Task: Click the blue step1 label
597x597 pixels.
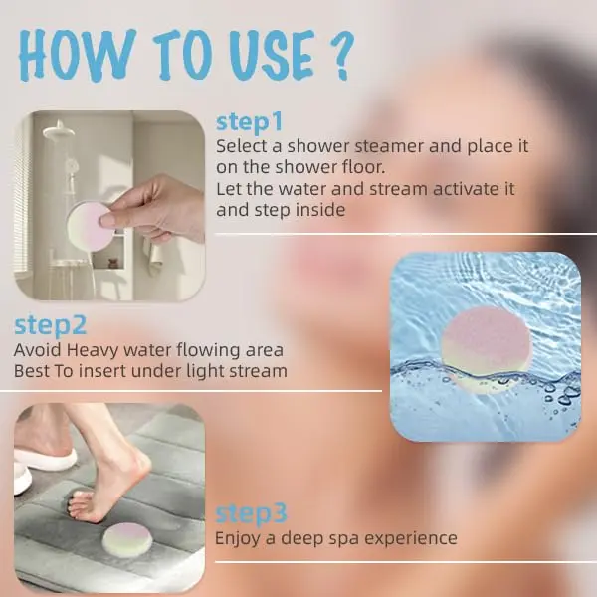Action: pyautogui.click(x=250, y=122)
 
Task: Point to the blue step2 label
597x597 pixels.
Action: pyautogui.click(x=51, y=325)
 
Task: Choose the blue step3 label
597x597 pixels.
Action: pyautogui.click(x=252, y=513)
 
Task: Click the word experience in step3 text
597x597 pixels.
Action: pyautogui.click(x=409, y=538)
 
